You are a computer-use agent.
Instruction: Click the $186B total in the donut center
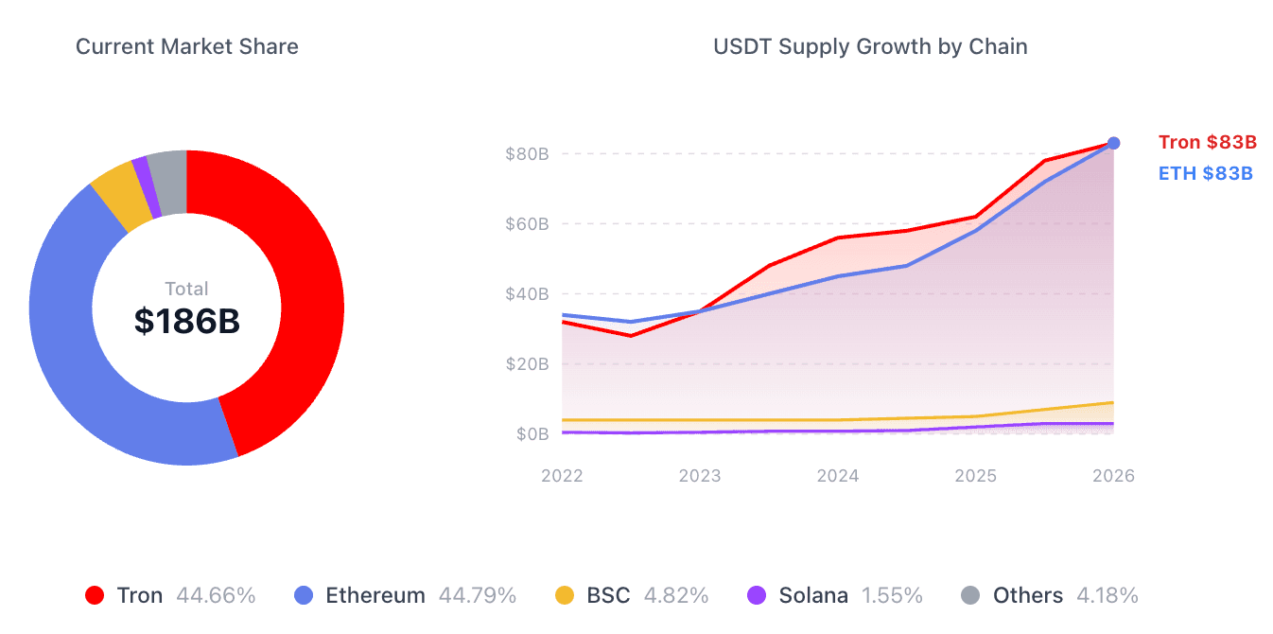[187, 322]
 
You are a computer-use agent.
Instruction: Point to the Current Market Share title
[187, 46]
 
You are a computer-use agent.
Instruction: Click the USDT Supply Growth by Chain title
[870, 46]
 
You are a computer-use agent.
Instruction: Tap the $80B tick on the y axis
[527, 154]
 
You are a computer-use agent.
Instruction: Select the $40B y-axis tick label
[527, 294]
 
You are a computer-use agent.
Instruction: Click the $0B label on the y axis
[532, 434]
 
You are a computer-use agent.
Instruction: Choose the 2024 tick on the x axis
[838, 476]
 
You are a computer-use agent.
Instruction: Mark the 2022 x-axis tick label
[562, 476]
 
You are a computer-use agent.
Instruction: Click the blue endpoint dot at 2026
[1114, 143]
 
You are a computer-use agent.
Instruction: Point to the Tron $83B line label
[1208, 143]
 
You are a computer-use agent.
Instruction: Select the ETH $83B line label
[1206, 173]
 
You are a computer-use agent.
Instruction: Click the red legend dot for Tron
[95, 595]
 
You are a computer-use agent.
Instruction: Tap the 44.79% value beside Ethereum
[478, 595]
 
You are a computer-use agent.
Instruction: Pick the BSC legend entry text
[608, 595]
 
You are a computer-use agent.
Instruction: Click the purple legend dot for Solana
[757, 595]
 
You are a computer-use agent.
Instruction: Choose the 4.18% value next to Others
[1101, 595]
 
